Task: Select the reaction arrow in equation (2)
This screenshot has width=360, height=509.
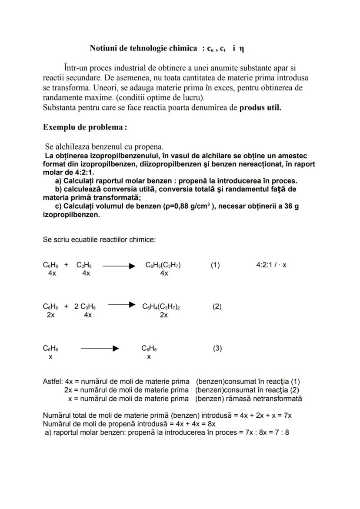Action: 122,306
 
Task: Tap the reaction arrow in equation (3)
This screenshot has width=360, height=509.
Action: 100,349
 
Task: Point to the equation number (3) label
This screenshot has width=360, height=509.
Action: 217,348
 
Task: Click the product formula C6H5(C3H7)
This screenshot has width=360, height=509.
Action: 163,265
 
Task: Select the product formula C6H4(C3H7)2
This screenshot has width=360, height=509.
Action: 161,307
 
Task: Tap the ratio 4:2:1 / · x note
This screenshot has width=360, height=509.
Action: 271,265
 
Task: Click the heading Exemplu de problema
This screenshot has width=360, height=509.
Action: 85,127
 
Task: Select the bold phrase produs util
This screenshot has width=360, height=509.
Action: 260,108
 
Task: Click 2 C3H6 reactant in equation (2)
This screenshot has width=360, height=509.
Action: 85,307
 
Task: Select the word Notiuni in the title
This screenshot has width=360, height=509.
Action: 103,48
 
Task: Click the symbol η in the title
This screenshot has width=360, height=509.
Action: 241,49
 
